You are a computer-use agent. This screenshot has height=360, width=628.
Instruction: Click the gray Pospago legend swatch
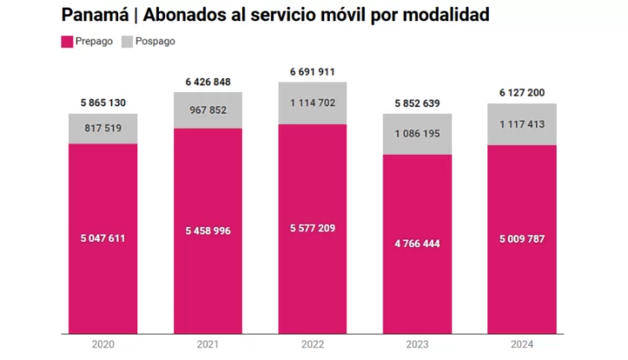coord(128,41)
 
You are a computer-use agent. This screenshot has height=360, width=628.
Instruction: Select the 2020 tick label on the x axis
coord(103,344)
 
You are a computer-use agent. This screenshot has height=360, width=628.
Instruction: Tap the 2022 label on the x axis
coord(312,344)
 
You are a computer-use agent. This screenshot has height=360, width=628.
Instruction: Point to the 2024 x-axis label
coord(521,344)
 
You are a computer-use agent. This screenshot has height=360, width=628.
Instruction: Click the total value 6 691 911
coord(312,72)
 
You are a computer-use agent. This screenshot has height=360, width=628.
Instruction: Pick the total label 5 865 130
coord(103,103)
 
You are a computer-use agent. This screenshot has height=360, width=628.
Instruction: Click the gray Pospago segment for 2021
coord(208,111)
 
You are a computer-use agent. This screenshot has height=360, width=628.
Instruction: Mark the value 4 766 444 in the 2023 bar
coord(417,244)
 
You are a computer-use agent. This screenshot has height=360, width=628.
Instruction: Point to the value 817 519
coord(103,128)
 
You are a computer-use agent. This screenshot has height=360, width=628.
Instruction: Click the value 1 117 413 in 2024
coord(521,124)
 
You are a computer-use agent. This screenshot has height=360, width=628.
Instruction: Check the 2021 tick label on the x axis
coord(208,344)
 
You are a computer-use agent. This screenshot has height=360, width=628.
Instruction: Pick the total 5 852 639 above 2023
coord(417,103)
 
